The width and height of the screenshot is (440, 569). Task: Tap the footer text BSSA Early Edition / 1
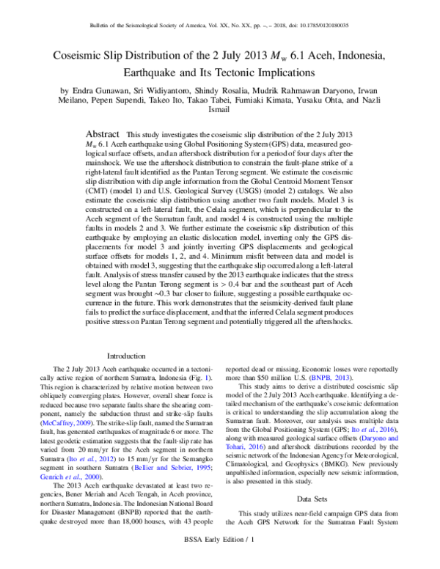pyautogui.click(x=220, y=560)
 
